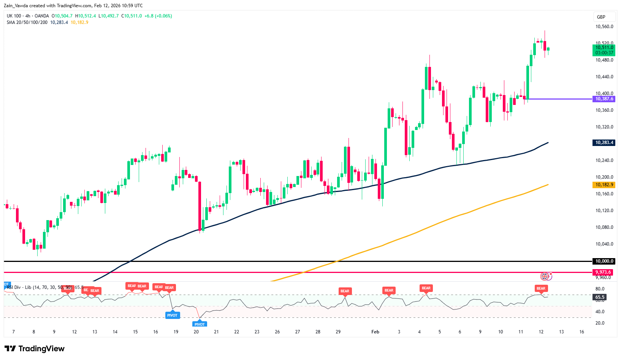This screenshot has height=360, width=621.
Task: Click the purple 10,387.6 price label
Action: (604, 99)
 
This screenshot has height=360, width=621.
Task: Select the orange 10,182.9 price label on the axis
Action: (604, 185)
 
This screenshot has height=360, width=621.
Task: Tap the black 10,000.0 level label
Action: (604, 261)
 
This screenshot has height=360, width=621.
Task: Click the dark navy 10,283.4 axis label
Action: (604, 143)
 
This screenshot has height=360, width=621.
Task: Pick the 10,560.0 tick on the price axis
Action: (604, 27)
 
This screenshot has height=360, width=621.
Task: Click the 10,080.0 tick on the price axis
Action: (604, 227)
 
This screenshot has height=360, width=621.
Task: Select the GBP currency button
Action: (601, 17)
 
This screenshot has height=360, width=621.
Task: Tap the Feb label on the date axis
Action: (375, 332)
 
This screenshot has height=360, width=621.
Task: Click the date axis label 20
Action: (196, 332)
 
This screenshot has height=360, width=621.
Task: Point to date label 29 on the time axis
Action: (338, 332)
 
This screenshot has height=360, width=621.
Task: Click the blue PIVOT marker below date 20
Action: (200, 324)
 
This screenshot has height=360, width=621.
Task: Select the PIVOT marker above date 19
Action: (172, 315)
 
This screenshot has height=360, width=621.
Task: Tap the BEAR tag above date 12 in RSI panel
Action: (541, 289)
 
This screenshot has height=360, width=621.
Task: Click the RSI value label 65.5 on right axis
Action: (600, 297)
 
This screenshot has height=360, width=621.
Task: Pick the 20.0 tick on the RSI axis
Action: (600, 323)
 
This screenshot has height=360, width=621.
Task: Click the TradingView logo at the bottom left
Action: (35, 349)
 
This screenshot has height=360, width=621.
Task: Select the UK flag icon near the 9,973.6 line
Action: (545, 276)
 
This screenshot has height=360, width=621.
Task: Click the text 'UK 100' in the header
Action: (14, 16)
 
